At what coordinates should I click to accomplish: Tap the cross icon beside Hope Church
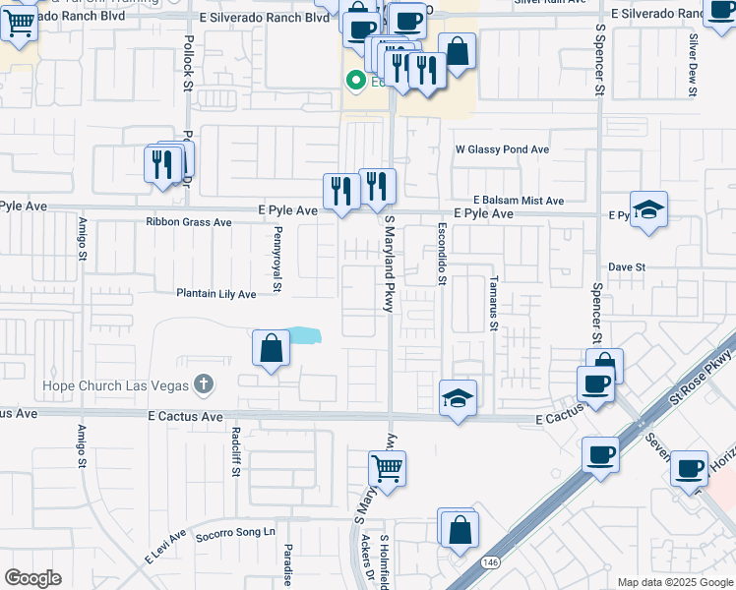203,384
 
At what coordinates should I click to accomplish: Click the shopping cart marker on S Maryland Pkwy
388,468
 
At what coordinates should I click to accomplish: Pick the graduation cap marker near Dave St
648,208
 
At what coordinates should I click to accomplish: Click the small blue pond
306,335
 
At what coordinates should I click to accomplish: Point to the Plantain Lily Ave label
215,294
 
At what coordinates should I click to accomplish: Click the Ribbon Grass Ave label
189,223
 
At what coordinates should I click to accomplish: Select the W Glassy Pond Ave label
501,150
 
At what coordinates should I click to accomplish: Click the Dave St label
626,266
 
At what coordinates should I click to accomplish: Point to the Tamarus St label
495,302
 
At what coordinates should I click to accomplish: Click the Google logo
32,578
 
